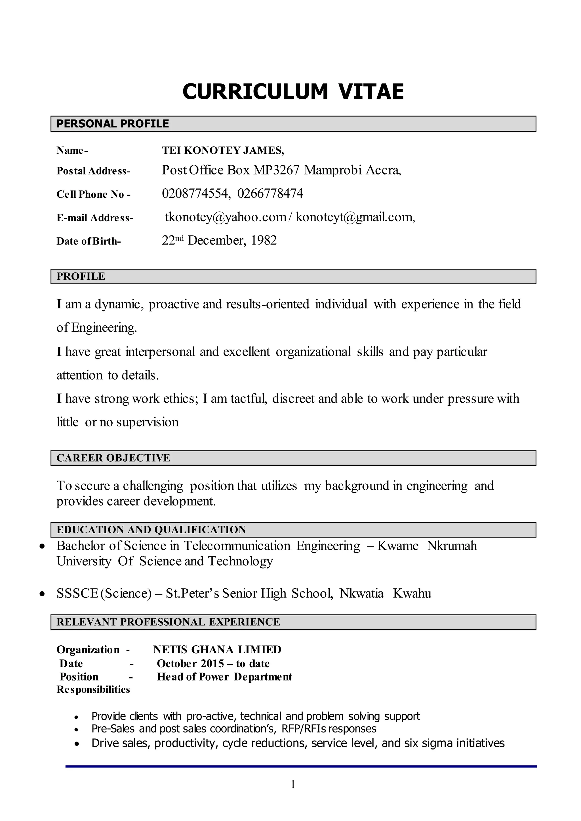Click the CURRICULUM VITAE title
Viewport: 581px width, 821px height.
(293, 92)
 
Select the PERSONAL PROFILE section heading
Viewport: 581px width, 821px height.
(113, 124)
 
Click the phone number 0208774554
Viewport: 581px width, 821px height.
(194, 193)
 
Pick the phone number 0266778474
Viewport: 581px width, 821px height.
(270, 193)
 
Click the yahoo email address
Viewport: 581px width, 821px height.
(226, 217)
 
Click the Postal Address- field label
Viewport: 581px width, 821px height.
(93, 171)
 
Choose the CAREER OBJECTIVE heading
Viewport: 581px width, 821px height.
(113, 458)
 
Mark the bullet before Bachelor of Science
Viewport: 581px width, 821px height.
(43, 546)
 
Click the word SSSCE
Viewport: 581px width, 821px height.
(77, 593)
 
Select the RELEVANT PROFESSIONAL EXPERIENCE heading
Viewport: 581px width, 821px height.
(168, 622)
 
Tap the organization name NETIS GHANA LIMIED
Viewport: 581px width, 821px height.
(217, 650)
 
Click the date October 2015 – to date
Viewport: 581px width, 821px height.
(213, 664)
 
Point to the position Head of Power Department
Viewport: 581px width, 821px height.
(224, 677)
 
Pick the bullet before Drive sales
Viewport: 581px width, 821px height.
(76, 744)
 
